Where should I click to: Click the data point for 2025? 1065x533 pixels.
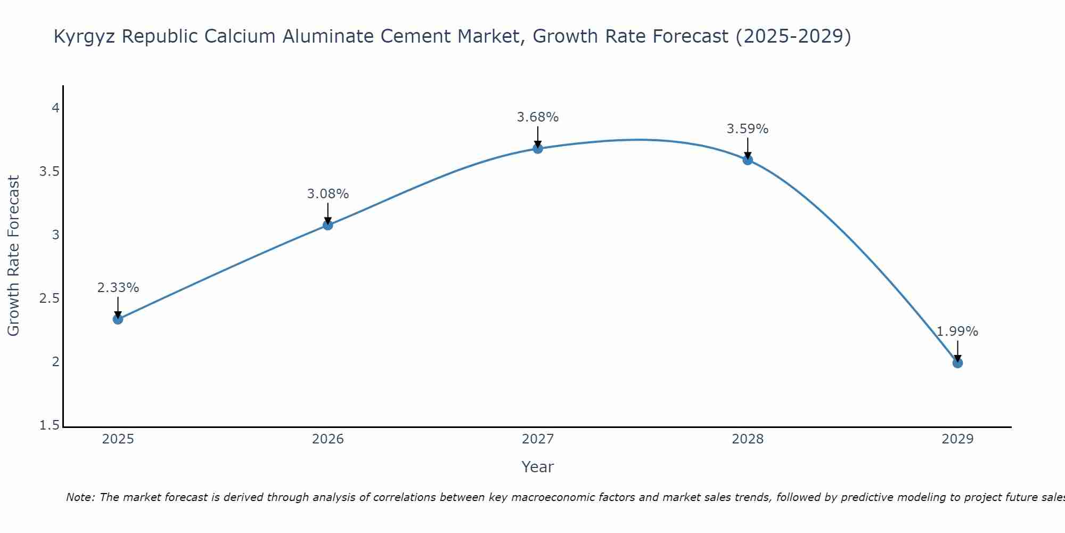pos(118,319)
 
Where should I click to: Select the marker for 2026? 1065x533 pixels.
pos(328,225)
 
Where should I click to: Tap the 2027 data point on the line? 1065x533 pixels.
pos(538,149)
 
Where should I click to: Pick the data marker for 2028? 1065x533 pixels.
pos(748,159)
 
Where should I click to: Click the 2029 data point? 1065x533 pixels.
pos(957,363)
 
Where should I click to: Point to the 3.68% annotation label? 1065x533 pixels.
pos(538,117)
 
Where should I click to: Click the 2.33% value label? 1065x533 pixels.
pos(118,288)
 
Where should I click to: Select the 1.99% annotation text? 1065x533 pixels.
pos(957,332)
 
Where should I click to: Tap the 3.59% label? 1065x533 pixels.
pos(748,129)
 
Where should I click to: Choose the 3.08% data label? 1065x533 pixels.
pos(328,194)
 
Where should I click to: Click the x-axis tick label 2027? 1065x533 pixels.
pos(538,439)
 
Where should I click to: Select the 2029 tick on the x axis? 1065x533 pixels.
pos(957,439)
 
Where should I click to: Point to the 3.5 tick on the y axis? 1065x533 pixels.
pos(49,172)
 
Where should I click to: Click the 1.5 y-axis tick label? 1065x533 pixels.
pos(49,425)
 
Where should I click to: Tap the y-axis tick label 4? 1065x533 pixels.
pos(55,108)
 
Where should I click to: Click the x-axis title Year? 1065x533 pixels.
pos(538,467)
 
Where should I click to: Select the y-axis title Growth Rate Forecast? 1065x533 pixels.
pos(13,256)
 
